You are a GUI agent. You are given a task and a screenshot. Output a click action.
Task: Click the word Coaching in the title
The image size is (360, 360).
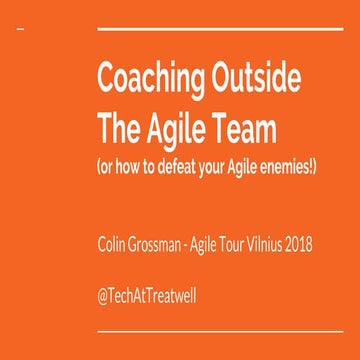tap(140, 79)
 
